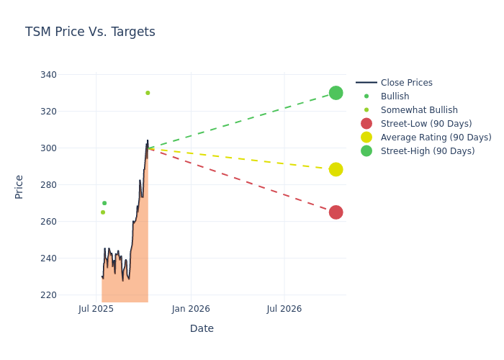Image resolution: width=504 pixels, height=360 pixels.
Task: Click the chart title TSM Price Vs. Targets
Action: pyautogui.click(x=90, y=32)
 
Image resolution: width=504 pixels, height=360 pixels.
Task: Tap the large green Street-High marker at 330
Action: pyautogui.click(x=336, y=93)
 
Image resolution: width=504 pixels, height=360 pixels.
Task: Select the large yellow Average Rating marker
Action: pyautogui.click(x=336, y=169)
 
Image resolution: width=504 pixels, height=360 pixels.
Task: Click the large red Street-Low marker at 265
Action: pyautogui.click(x=336, y=212)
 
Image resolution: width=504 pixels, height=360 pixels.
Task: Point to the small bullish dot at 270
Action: pyautogui.click(x=104, y=203)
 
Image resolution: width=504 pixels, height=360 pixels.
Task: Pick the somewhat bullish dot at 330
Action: pyautogui.click(x=148, y=93)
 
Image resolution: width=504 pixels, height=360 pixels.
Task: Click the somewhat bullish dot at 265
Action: pyautogui.click(x=103, y=212)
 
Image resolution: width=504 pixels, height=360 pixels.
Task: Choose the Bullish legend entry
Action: pyautogui.click(x=395, y=96)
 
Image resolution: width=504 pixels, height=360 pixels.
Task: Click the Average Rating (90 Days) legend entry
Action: pyautogui.click(x=436, y=138)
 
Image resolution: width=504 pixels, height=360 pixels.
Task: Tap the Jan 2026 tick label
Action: pyautogui.click(x=191, y=310)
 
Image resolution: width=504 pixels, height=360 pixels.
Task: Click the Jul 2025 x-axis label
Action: pyautogui.click(x=96, y=310)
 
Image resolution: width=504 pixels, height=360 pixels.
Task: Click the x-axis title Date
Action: pyautogui.click(x=202, y=329)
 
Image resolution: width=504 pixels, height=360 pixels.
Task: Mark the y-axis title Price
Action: pyautogui.click(x=19, y=186)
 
